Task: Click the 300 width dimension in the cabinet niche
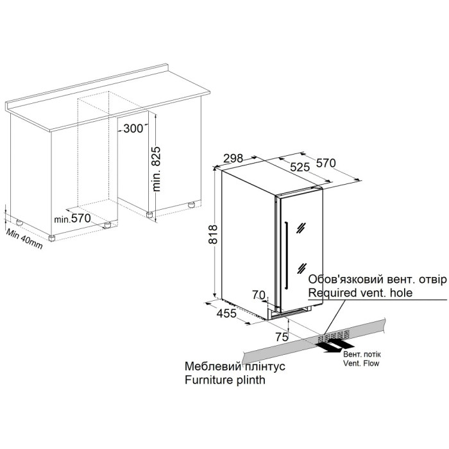coord(133,128)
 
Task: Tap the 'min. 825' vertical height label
coord(157,169)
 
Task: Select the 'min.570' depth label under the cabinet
coord(72,219)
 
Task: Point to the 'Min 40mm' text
coord(24,239)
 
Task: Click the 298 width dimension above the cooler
coord(233,158)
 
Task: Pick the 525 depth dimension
coord(300,167)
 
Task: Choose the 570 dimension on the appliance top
coord(326,163)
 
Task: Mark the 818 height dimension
coord(213,234)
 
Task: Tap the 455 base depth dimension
coord(226,314)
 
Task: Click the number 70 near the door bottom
coord(259,294)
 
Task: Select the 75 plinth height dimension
coord(282,337)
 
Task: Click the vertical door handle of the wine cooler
coord(286,253)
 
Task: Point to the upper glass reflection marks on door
coord(301,228)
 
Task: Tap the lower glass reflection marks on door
coord(301,268)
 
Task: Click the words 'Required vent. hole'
coord(360,292)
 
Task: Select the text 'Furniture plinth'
coord(225,380)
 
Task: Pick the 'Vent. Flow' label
coord(361,364)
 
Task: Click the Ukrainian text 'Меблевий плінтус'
coord(235,366)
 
